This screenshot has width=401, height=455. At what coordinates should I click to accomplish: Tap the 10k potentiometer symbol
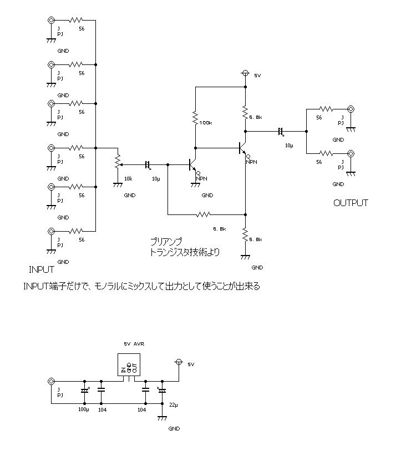[117, 162]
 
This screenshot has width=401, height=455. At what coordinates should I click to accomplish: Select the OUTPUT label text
[351, 203]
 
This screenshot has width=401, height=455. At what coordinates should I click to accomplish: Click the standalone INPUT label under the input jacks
[42, 270]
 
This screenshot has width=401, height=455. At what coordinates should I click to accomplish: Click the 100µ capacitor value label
[83, 409]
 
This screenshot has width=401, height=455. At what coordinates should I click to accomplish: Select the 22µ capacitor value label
[173, 405]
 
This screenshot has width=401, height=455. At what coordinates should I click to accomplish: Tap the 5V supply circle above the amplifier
[245, 73]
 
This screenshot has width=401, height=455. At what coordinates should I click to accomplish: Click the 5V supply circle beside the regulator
[179, 362]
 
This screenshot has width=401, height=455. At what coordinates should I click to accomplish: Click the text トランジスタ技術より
[185, 252]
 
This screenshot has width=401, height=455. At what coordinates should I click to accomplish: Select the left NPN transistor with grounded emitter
[192, 165]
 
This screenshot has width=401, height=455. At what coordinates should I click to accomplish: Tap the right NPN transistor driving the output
[242, 148]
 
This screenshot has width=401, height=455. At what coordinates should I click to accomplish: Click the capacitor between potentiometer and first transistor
[148, 164]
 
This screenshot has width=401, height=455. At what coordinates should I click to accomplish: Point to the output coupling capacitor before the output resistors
[281, 132]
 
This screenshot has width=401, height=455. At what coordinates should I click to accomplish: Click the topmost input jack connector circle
[52, 21]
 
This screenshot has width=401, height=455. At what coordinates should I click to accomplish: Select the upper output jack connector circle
[351, 109]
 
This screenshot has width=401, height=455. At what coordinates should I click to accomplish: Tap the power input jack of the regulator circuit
[52, 382]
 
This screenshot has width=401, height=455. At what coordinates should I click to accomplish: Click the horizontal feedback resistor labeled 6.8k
[204, 214]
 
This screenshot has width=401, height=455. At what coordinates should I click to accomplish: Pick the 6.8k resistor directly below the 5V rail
[245, 113]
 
